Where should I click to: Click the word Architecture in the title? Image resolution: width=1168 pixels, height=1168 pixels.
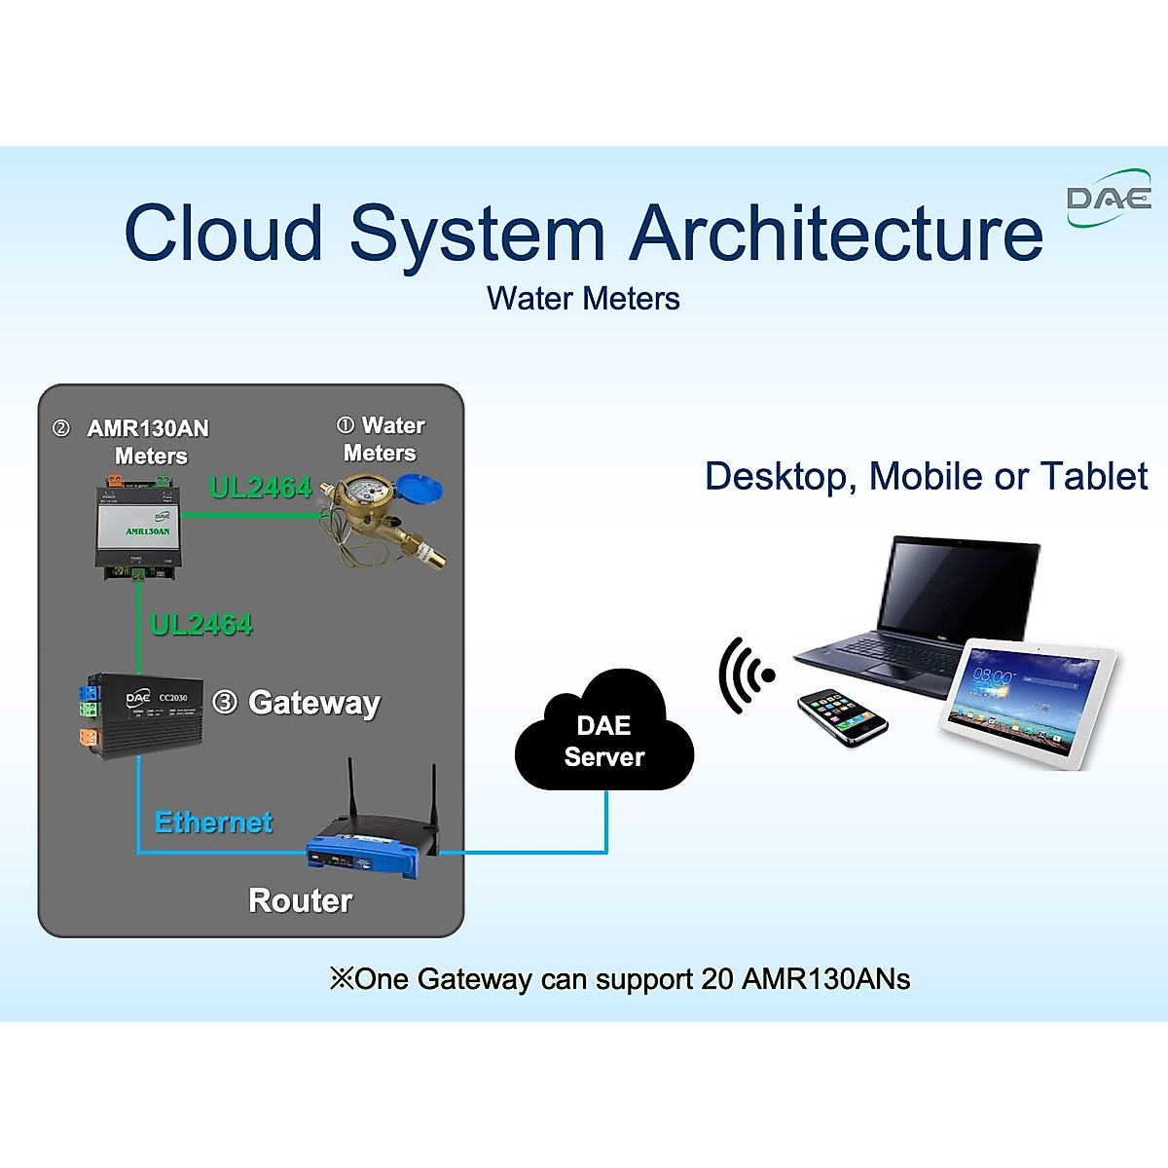[x=836, y=234]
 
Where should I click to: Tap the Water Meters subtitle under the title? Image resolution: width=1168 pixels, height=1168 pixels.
[x=583, y=299]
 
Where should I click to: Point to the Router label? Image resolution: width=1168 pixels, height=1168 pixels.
[x=300, y=900]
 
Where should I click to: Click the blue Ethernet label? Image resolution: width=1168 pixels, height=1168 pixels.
[x=213, y=822]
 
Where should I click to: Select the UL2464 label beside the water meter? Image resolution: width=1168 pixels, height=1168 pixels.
[x=260, y=487]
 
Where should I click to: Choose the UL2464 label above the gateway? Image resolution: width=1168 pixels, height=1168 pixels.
[x=201, y=624]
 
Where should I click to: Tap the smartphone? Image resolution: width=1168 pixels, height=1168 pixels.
[x=843, y=717]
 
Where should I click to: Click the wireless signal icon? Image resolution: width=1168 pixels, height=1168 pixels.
[x=746, y=675]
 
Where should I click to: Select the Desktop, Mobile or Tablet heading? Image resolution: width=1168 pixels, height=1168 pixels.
[x=926, y=477]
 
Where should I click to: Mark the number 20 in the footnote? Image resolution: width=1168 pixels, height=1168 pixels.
[x=716, y=979]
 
